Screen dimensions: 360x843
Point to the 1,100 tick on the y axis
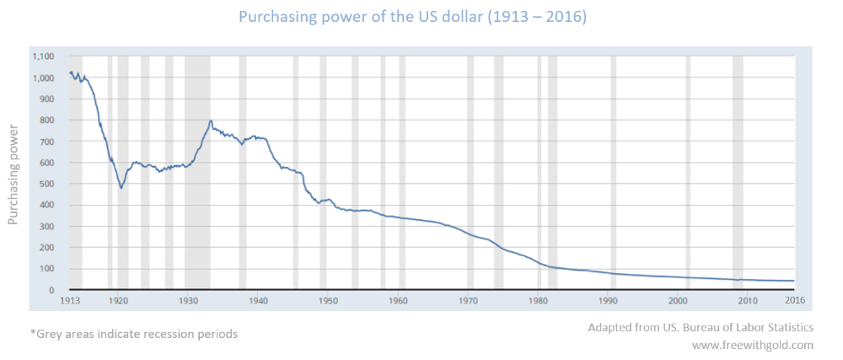tap(43, 56)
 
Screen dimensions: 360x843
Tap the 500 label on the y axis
tap(47, 184)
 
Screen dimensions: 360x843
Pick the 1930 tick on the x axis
tap(189, 299)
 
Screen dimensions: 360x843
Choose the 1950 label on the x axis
tap(329, 299)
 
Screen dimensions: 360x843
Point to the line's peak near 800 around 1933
tap(210, 121)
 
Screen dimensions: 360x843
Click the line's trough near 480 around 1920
tap(121, 187)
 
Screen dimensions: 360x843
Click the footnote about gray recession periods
tap(134, 334)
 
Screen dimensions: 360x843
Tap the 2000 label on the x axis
tap(678, 299)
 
